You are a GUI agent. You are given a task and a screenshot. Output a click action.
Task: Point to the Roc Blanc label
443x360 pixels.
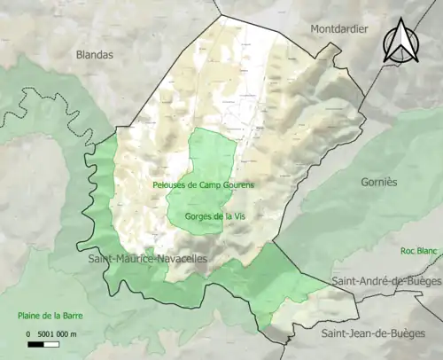tap(418, 251)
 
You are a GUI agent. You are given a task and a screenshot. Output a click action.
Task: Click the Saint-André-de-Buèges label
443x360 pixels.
tap(386, 281)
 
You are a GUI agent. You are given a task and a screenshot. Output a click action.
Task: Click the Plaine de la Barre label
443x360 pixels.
tap(53, 316)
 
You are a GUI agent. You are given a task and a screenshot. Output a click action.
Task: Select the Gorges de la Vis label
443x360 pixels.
tap(215, 215)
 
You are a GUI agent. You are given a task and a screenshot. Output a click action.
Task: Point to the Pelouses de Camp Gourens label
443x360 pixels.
tap(203, 185)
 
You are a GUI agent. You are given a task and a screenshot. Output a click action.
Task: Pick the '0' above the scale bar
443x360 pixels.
tap(27, 333)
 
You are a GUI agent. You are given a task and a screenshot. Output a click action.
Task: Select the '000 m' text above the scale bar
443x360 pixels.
tap(66, 333)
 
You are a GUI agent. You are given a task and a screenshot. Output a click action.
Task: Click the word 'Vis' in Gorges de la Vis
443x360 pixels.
tap(238, 215)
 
